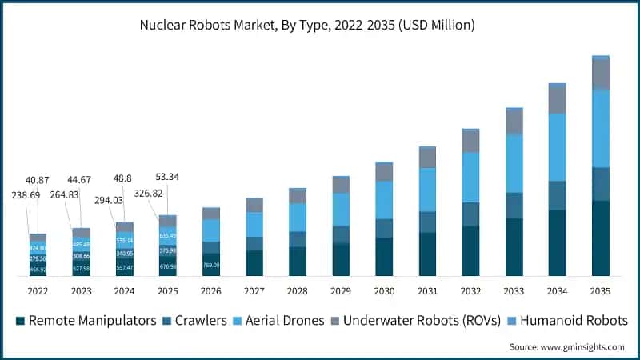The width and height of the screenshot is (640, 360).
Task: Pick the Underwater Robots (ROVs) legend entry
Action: (x=416, y=321)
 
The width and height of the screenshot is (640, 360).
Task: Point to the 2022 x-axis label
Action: (x=38, y=292)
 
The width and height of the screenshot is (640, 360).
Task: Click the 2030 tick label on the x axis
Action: (x=384, y=292)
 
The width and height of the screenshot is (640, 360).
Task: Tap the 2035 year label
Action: (x=601, y=292)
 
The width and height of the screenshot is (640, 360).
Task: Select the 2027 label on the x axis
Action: (x=254, y=292)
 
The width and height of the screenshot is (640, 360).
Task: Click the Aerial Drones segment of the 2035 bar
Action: (x=601, y=128)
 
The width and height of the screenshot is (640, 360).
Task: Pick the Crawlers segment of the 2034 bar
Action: (x=558, y=195)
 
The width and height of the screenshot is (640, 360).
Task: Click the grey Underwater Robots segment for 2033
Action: (x=514, y=122)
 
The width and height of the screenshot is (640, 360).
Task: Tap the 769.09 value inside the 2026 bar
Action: (x=211, y=265)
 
